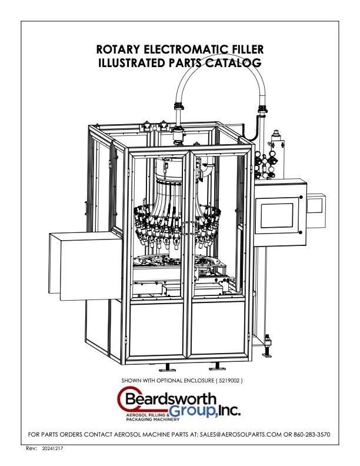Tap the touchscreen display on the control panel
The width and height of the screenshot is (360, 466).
tap(278, 215)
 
